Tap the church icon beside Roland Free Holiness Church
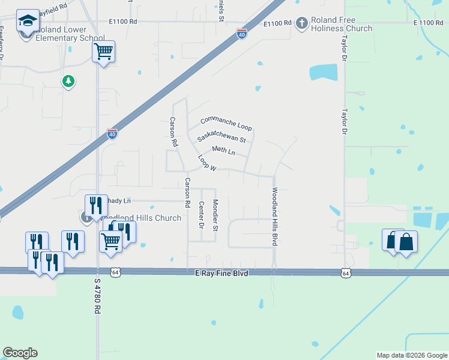click(x=301, y=23)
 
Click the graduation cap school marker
click(x=27, y=21)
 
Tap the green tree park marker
click(x=68, y=80)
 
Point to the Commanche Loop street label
click(x=226, y=124)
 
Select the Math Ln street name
click(x=223, y=150)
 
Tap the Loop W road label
click(x=206, y=163)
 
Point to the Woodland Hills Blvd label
click(x=274, y=216)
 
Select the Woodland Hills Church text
click(x=143, y=218)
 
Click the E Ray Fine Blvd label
click(x=221, y=272)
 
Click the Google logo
click(x=20, y=353)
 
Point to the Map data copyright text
click(x=411, y=355)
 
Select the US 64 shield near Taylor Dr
click(x=345, y=273)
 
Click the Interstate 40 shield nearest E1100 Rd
click(x=241, y=34)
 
